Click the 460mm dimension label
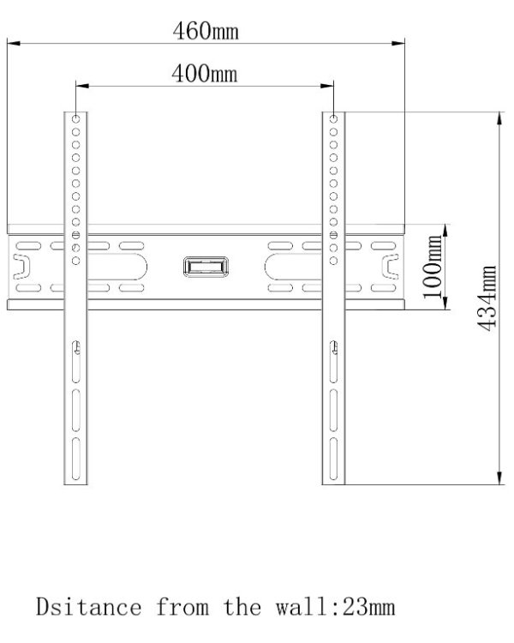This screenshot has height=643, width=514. [x=206, y=32]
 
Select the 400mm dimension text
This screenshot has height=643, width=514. [x=205, y=75]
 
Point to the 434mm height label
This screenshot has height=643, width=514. [x=486, y=300]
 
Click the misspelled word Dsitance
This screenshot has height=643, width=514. [x=88, y=608]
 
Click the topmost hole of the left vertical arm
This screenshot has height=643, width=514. [x=76, y=118]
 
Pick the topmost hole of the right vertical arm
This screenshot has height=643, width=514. [x=333, y=118]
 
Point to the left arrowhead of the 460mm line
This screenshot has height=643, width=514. [x=13, y=40]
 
